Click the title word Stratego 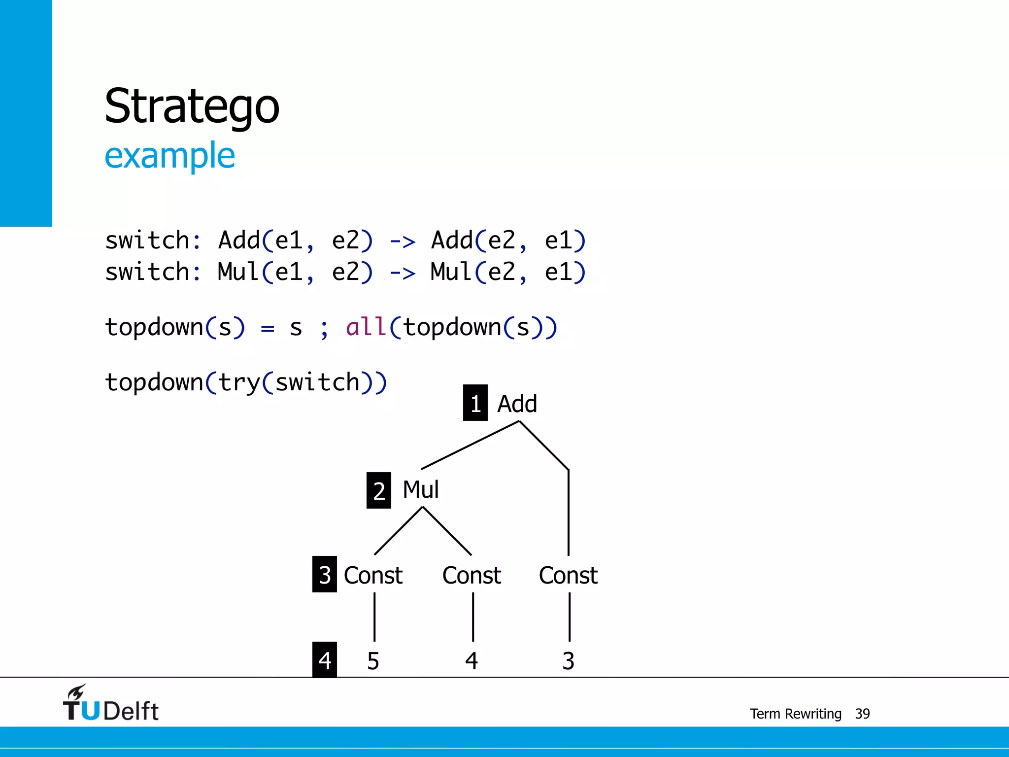(x=192, y=106)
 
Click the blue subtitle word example (x=169, y=156)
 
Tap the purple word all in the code (x=366, y=327)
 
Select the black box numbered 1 (x=475, y=403)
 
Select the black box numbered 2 (x=378, y=490)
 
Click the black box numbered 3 (x=324, y=575)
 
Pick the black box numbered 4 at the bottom (x=324, y=660)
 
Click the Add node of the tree (x=517, y=404)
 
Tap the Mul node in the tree (x=420, y=490)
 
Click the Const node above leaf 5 (x=373, y=575)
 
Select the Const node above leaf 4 (x=471, y=575)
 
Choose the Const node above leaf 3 (x=568, y=575)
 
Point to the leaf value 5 (x=373, y=661)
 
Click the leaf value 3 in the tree (x=568, y=661)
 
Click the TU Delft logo (x=110, y=704)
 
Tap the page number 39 (x=862, y=714)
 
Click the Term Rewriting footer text (x=795, y=714)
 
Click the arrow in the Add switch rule (x=403, y=241)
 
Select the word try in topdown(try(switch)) (x=239, y=382)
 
